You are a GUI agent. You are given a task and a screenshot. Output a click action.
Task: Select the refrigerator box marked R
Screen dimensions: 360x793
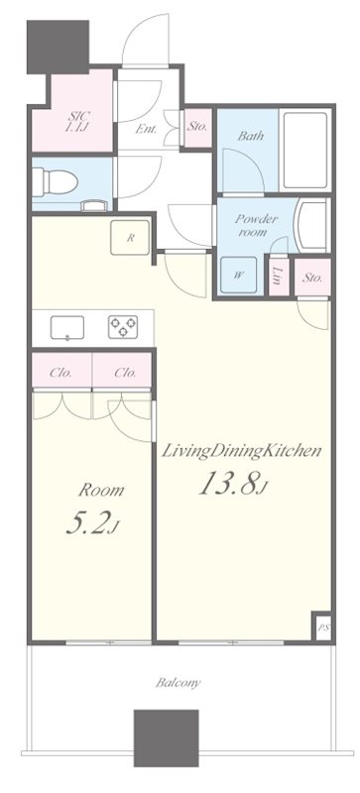pyautogui.click(x=130, y=238)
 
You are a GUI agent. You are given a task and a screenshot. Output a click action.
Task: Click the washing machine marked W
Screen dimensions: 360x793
pyautogui.click(x=238, y=276)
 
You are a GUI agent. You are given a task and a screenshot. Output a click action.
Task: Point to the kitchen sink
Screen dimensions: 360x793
pyautogui.click(x=66, y=328)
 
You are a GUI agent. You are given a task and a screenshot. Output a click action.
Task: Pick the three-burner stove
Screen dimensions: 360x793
pyautogui.click(x=123, y=327)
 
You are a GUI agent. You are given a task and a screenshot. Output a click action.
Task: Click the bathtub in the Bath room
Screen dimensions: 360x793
pyautogui.click(x=304, y=151)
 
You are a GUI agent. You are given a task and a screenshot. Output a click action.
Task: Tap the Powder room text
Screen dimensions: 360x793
pyautogui.click(x=256, y=226)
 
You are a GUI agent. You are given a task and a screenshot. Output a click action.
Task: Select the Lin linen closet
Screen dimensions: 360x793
pyautogui.click(x=279, y=278)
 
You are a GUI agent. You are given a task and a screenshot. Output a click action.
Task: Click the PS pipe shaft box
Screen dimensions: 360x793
pyautogui.click(x=323, y=627)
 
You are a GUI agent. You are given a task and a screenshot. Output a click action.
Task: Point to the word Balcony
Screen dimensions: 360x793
pyautogui.click(x=178, y=683)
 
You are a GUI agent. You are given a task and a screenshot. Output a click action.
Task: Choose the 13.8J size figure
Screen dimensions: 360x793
pyautogui.click(x=233, y=484)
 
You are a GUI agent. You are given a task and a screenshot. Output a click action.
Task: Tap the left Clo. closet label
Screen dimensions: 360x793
pyautogui.click(x=60, y=374)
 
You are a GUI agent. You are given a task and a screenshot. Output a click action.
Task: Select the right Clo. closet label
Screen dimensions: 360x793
pyautogui.click(x=125, y=374)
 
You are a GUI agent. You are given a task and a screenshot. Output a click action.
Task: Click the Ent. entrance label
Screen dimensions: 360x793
pyautogui.click(x=146, y=129)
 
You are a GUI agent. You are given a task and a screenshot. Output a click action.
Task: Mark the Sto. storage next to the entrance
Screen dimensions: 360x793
pyautogui.click(x=196, y=128)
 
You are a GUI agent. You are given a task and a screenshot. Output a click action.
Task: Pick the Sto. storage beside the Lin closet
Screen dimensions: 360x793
pyautogui.click(x=312, y=278)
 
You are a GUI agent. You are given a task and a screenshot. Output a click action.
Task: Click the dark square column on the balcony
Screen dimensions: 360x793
pyautogui.click(x=166, y=737)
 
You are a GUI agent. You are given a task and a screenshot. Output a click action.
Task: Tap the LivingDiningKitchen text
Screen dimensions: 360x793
pyautogui.click(x=241, y=452)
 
